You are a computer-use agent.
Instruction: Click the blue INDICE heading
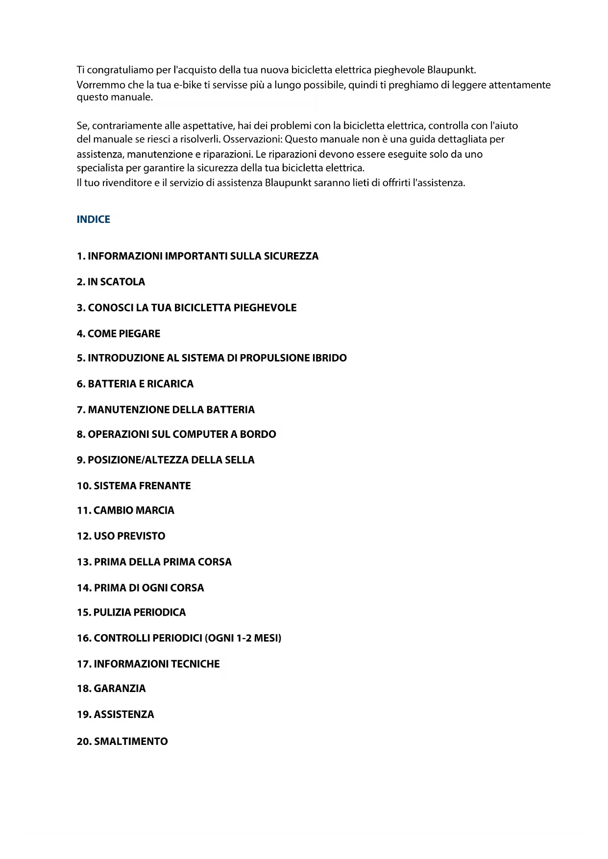pyautogui.click(x=93, y=219)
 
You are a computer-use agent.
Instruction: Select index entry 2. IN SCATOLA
pyautogui.click(x=111, y=282)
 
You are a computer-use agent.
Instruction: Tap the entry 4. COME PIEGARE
pyautogui.click(x=118, y=334)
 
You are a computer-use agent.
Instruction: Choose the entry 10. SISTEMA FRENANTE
pyautogui.click(x=133, y=486)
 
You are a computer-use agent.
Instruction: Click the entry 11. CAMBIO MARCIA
pyautogui.click(x=125, y=510)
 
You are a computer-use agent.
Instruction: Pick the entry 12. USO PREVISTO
pyautogui.click(x=121, y=536)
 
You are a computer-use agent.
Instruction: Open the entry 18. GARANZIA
pyautogui.click(x=111, y=689)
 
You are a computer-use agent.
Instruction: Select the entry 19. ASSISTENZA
pyautogui.click(x=115, y=715)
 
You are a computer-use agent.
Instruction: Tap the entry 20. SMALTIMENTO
pyautogui.click(x=122, y=741)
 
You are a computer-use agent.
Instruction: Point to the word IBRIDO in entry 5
pyautogui.click(x=329, y=358)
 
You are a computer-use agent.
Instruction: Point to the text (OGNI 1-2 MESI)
pyautogui.click(x=243, y=638)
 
